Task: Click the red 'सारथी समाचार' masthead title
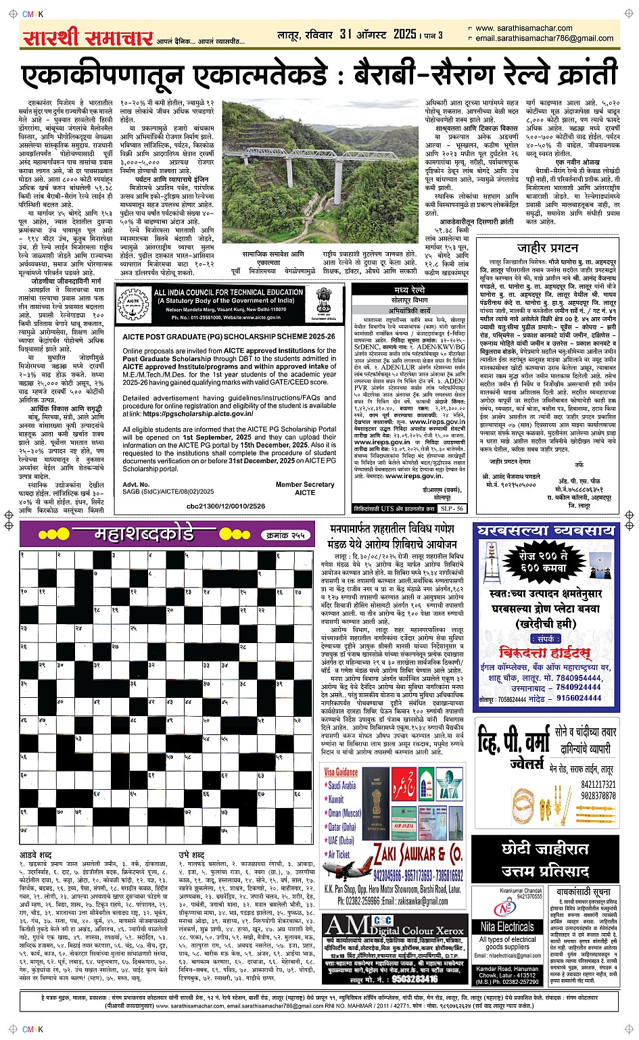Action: pyautogui.click(x=87, y=37)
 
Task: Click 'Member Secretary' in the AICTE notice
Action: pyautogui.click(x=304, y=484)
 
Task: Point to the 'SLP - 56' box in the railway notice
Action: pyautogui.click(x=451, y=508)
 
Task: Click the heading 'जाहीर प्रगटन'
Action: pyautogui.click(x=547, y=247)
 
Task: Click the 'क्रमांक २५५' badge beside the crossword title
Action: pyautogui.click(x=285, y=535)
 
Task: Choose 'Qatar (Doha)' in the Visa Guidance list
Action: pyautogui.click(x=342, y=827)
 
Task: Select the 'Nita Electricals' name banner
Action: pyautogui.click(x=506, y=926)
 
